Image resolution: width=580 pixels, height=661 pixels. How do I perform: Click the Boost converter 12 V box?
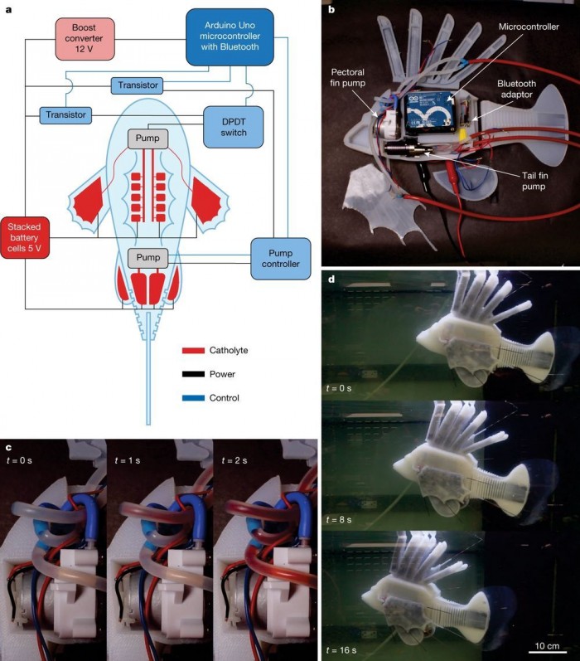coord(85,39)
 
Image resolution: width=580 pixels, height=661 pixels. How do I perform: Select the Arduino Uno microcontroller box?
coord(228,37)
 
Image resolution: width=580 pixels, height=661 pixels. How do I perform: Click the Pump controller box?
coord(280,258)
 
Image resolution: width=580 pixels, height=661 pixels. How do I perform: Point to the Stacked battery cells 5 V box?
coord(26,236)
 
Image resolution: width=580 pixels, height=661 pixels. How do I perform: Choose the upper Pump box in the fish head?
coord(147,139)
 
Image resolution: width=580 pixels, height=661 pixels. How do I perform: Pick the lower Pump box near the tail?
coord(147,258)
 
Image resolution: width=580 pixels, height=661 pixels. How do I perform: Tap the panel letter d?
coord(331,279)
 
